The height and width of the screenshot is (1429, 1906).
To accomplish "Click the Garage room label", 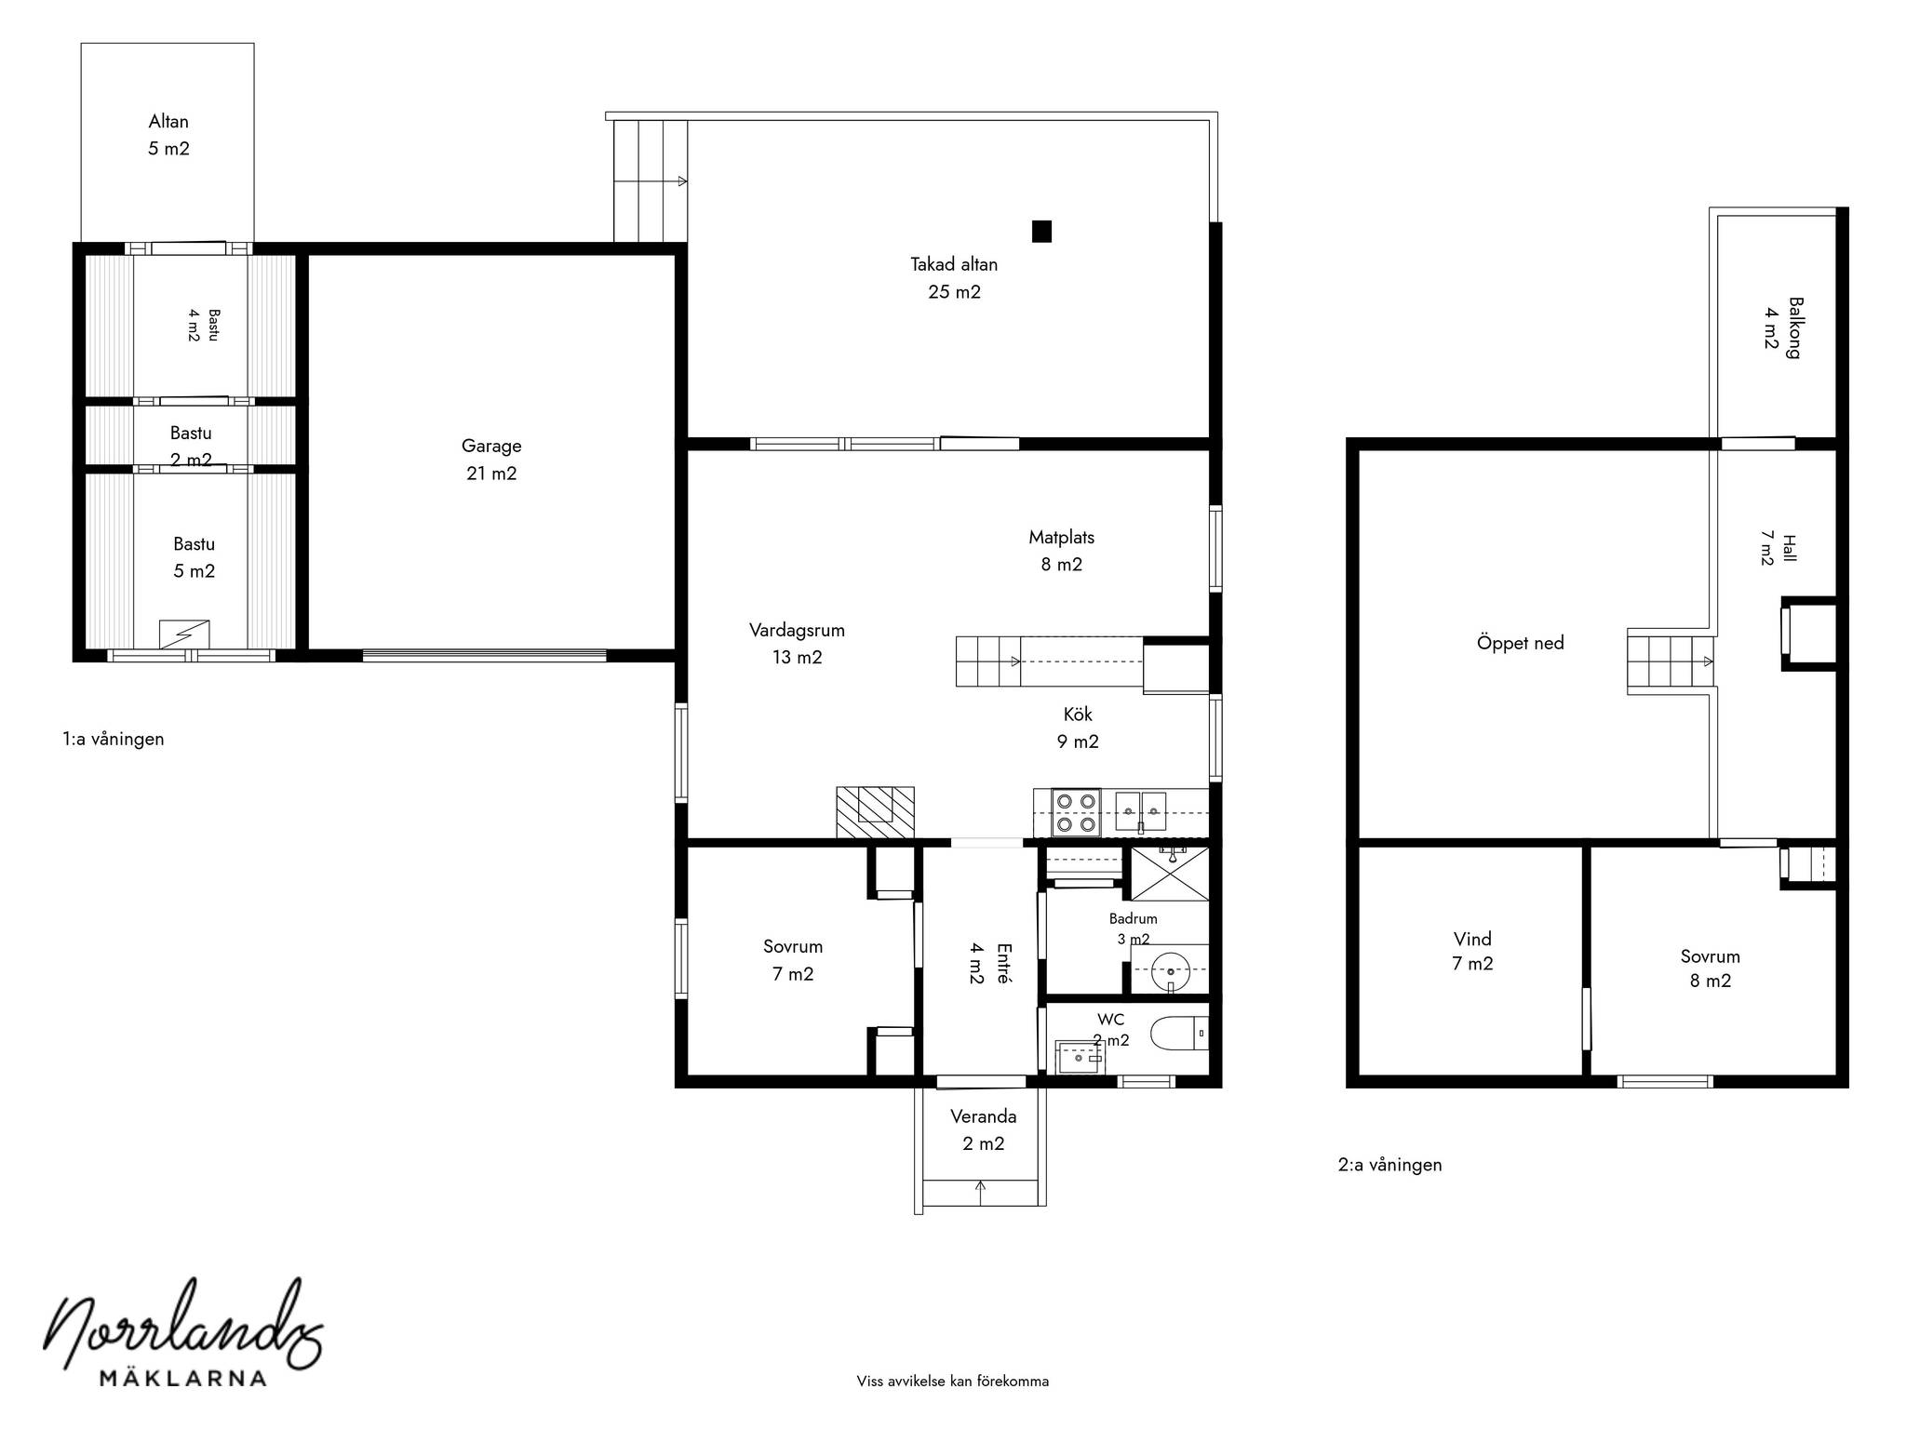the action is point(491,460).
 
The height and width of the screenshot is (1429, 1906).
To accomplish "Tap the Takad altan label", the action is point(954,278).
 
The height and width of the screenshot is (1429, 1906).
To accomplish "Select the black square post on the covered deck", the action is point(1041,231).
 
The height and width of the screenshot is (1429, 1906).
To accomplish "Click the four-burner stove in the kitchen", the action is point(1076,812).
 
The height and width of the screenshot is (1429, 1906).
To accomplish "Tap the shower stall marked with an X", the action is point(1170,873).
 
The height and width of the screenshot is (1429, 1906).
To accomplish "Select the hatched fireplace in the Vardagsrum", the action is point(875,812).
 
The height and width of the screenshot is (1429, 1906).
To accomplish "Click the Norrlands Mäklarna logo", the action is point(183,1332).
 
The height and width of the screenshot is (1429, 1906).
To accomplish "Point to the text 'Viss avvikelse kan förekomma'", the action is point(953,1381).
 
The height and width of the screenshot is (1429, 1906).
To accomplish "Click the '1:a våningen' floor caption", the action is point(114,739).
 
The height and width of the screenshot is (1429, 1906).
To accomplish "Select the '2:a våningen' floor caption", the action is point(1390,1164).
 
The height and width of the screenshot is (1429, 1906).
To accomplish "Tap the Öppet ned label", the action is point(1520,642).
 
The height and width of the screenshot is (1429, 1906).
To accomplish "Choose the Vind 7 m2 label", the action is point(1472,951).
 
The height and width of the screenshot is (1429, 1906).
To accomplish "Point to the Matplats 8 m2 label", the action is point(1061,550).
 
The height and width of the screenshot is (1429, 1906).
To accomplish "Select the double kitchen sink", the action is point(1141,811).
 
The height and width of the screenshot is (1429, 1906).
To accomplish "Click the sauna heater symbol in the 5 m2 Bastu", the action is point(184,634).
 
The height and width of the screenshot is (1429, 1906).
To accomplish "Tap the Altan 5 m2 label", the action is point(168,135).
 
